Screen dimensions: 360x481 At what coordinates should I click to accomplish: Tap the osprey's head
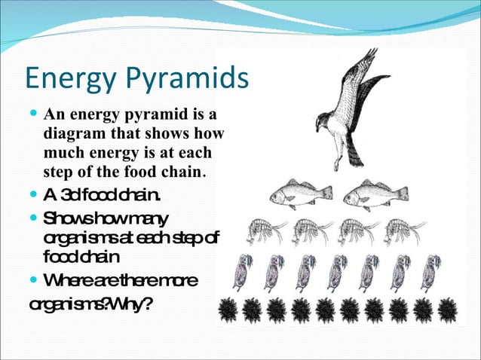pos(324,119)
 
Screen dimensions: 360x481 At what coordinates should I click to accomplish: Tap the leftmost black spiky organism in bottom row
pos(229,310)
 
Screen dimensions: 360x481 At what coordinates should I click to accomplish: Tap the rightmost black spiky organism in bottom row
pos(446,310)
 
